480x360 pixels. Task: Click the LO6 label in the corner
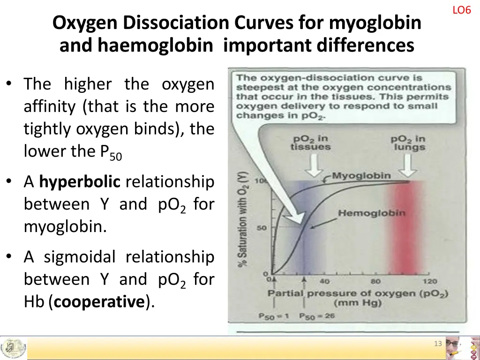pyautogui.click(x=461, y=10)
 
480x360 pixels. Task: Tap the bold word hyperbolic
pyautogui.click(x=80, y=181)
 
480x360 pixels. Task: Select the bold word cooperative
pyautogui.click(x=98, y=302)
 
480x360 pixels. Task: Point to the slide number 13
pyautogui.click(x=438, y=344)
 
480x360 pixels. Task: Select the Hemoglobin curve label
pyautogui.click(x=371, y=213)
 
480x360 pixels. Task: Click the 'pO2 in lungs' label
pyautogui.click(x=408, y=143)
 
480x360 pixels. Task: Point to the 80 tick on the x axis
pyautogui.click(x=376, y=282)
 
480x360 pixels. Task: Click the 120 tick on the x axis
pyautogui.click(x=429, y=282)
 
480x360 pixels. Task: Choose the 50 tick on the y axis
pyautogui.click(x=262, y=229)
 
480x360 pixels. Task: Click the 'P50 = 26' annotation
pyautogui.click(x=317, y=315)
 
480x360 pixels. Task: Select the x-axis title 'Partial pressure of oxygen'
pyautogui.click(x=358, y=294)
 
